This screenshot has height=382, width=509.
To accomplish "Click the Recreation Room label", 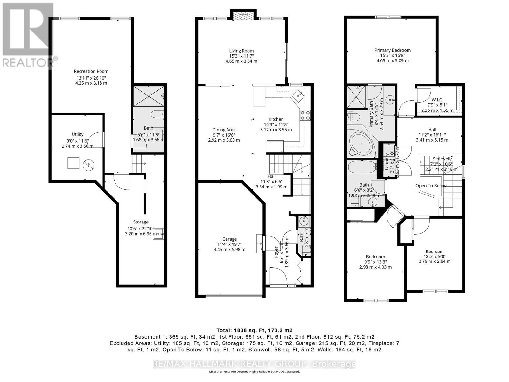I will pos(91,71).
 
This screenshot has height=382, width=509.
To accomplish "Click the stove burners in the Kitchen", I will pos(305,115).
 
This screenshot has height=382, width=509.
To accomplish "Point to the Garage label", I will pos(229,239).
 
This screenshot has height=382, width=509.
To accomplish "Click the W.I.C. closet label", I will pos(437,100).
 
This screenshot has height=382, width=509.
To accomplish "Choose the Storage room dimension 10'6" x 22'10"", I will pos(141,228).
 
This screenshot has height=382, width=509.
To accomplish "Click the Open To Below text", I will pos(431,186).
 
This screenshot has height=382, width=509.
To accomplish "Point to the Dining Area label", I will pos(224,130).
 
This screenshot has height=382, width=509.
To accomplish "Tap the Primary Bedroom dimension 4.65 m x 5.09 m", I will pos(392,60).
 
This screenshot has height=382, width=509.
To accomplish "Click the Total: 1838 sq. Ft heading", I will pos(254,330).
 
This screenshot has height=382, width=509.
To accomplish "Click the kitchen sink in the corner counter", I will pos(298,94).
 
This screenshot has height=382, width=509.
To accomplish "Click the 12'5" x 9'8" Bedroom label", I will pos(434,251).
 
